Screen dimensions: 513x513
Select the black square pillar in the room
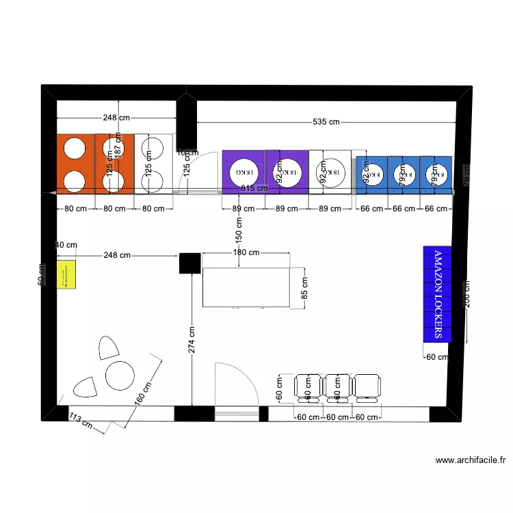(x=189, y=263)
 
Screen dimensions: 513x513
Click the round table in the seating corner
(x=120, y=376)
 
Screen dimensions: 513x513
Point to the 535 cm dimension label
(x=326, y=122)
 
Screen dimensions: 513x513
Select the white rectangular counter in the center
(x=247, y=288)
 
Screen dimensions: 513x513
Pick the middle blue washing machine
(x=402, y=174)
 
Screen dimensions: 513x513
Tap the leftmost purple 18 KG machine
(x=243, y=171)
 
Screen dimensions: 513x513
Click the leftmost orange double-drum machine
(x=75, y=163)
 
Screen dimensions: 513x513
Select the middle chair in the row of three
(x=336, y=386)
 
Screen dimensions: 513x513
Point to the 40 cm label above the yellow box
(x=66, y=245)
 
